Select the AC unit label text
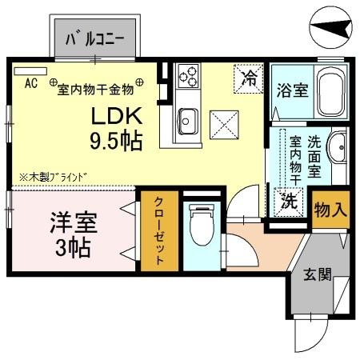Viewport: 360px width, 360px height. tap(31, 82)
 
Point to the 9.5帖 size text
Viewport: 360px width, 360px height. tap(115, 142)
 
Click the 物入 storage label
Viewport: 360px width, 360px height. tap(330, 210)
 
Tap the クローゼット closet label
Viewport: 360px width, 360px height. tap(159, 231)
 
